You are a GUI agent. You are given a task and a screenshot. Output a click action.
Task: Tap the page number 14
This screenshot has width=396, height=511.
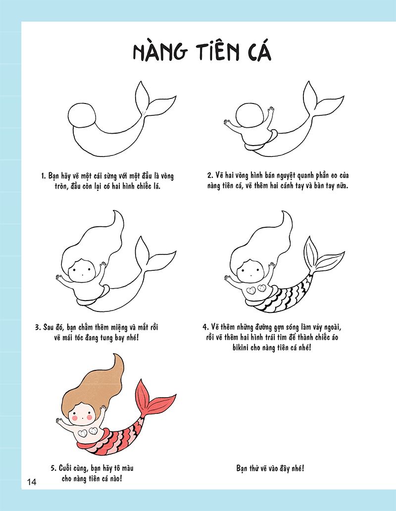[32, 482]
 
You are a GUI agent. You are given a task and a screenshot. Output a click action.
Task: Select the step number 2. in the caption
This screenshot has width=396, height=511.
[210, 176]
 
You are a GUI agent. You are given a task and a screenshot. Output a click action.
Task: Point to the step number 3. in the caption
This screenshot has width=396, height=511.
[38, 327]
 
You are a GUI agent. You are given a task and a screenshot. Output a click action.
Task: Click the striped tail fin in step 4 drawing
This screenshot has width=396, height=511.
[322, 256]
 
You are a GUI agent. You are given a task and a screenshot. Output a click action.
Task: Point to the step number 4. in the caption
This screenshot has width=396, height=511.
[205, 327]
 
